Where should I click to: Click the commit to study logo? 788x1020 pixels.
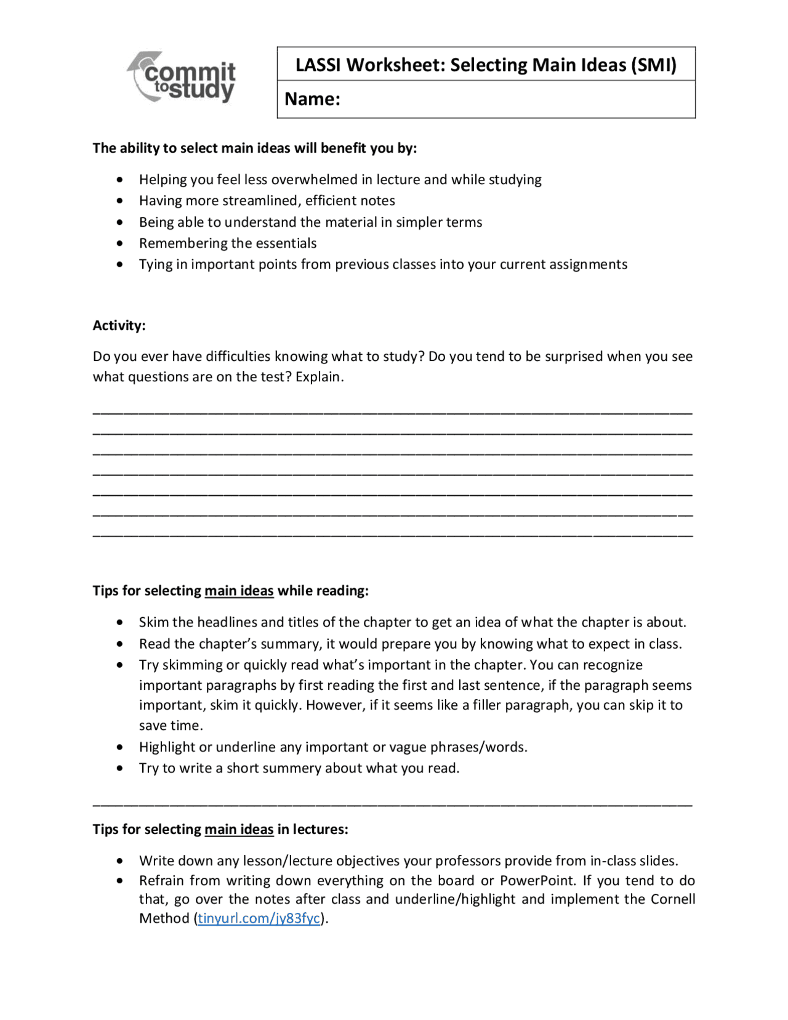click(182, 78)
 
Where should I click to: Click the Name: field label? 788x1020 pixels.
click(312, 99)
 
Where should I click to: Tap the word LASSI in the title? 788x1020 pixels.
click(318, 65)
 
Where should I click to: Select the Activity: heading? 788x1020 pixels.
click(119, 325)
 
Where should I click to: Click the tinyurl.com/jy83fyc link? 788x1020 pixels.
click(259, 918)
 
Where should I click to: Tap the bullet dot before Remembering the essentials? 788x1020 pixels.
click(119, 243)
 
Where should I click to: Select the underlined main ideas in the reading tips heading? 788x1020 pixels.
click(239, 591)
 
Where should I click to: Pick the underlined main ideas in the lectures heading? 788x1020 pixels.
click(239, 829)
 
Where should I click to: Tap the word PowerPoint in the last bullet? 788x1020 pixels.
click(537, 880)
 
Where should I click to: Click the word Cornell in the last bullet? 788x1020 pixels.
click(673, 899)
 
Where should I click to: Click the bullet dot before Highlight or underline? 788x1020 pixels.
click(119, 747)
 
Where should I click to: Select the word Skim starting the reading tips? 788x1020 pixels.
click(153, 622)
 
